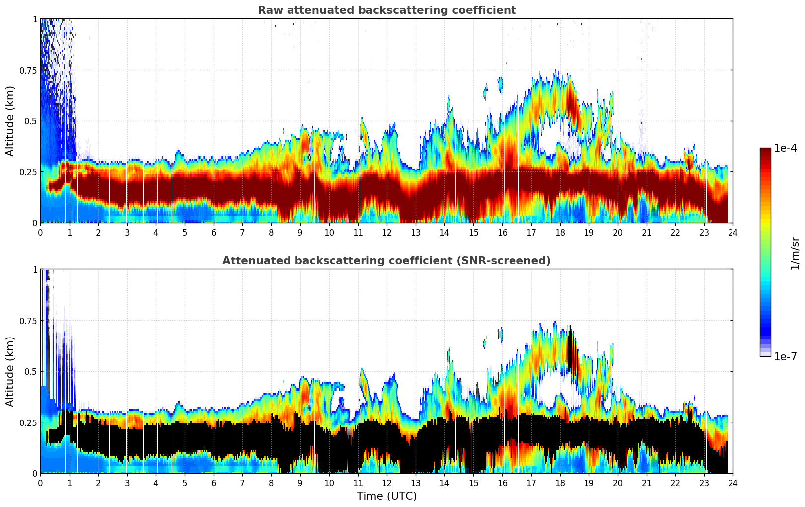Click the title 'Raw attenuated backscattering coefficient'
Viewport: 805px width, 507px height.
[x=386, y=10]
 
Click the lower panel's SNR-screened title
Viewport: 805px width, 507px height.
[x=386, y=261]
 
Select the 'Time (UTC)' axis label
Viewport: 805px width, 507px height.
[x=386, y=496]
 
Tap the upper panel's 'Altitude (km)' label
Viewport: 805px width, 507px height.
[x=10, y=121]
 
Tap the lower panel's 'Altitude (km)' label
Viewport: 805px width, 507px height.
[x=10, y=371]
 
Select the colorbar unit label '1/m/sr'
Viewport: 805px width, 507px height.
[x=795, y=253]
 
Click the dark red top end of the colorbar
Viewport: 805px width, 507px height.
[x=765, y=151]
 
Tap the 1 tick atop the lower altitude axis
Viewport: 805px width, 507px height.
[x=35, y=269]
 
